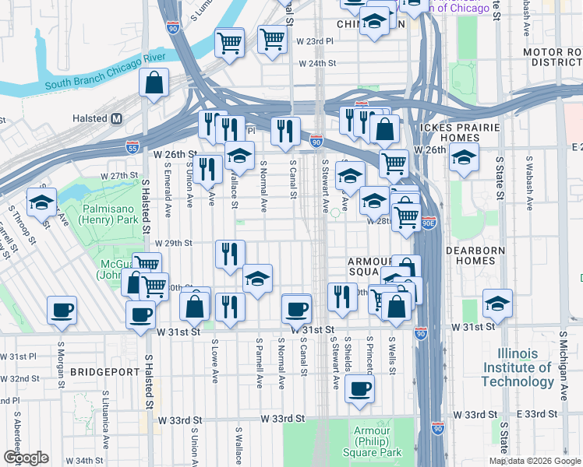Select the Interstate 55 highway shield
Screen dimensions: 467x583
(133, 146)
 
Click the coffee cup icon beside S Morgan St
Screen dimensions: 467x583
(62, 311)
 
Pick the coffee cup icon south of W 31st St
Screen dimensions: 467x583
(359, 388)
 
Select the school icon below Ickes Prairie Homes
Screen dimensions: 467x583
(465, 158)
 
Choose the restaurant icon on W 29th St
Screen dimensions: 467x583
(230, 254)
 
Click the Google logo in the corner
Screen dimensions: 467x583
(26, 458)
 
